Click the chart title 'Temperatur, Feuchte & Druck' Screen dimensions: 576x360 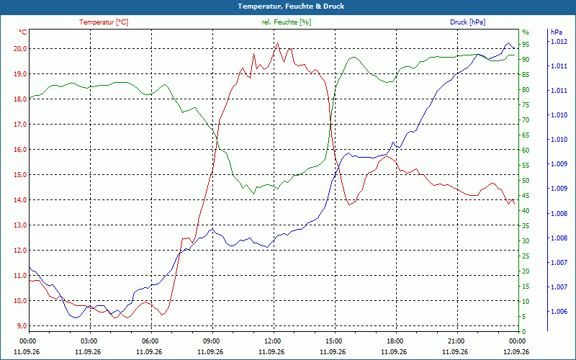(291, 6)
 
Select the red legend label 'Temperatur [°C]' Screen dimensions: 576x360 (104, 22)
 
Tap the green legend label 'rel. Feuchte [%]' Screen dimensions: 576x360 (286, 22)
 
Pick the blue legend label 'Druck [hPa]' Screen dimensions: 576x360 (467, 22)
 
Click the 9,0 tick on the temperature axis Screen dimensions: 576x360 (20, 326)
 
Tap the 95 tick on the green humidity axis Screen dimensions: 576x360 (526, 45)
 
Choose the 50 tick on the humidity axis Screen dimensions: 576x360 (526, 181)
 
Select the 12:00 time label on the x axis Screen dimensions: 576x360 (272, 341)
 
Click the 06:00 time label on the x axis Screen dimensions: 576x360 (150, 341)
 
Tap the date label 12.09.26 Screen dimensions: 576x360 (516, 352)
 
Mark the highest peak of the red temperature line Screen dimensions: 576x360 (277, 43)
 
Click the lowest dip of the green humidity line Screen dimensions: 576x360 (253, 194)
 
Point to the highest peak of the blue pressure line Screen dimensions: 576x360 (509, 43)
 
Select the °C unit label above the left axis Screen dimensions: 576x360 (22, 32)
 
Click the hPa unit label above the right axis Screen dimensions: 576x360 (556, 32)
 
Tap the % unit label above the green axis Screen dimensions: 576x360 (526, 32)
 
